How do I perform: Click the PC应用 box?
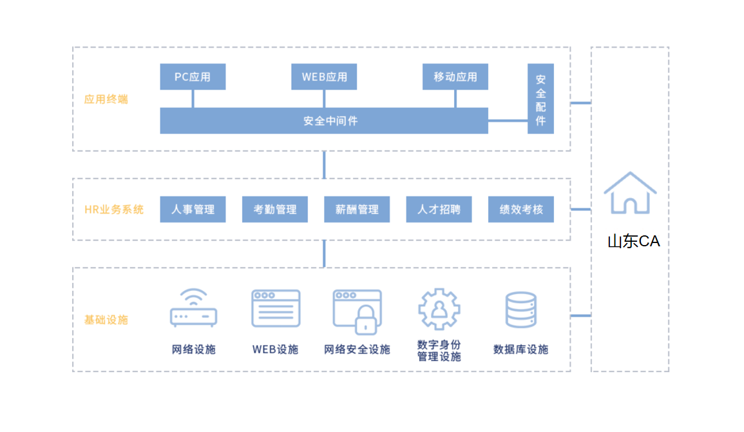(193, 77)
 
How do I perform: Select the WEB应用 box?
(324, 77)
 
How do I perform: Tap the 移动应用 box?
(455, 77)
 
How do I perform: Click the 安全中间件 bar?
(324, 121)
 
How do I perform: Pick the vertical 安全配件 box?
(540, 99)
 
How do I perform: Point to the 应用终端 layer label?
(106, 99)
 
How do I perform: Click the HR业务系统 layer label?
(114, 210)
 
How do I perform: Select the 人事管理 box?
(193, 210)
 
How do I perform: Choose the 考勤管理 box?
(274, 210)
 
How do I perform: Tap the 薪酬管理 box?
(357, 210)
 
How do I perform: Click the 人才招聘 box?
(439, 210)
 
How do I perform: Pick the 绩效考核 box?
(521, 210)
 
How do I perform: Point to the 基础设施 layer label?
(106, 320)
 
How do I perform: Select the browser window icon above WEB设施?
(276, 309)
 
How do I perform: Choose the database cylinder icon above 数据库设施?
(521, 310)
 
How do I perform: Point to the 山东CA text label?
(634, 241)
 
